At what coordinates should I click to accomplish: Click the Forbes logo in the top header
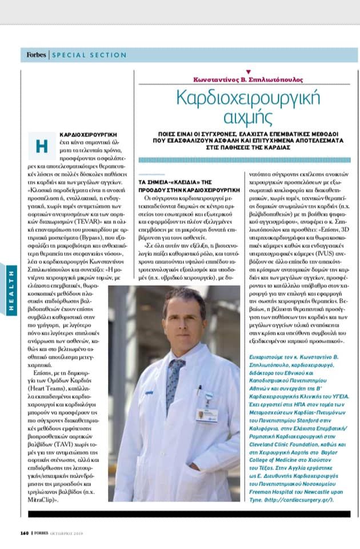pyautogui.click(x=37, y=55)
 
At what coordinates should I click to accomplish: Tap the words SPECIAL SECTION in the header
pyautogui.click(x=89, y=55)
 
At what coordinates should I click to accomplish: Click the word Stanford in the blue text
pyautogui.click(x=312, y=419)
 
